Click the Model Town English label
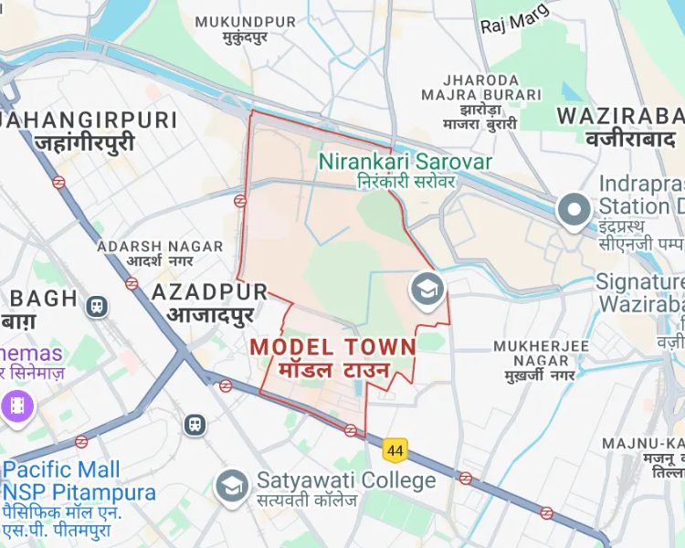332,346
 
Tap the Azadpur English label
209,291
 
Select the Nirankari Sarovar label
405,163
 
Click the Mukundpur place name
246,22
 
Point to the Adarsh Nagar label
160,247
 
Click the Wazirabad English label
620,116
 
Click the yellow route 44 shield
395,450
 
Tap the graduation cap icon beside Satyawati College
232,485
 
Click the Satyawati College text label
346,480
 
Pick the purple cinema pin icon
17,404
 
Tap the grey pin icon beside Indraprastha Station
574,210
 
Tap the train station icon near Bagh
95,306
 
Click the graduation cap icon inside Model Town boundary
426,290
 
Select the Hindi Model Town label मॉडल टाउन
333,371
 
